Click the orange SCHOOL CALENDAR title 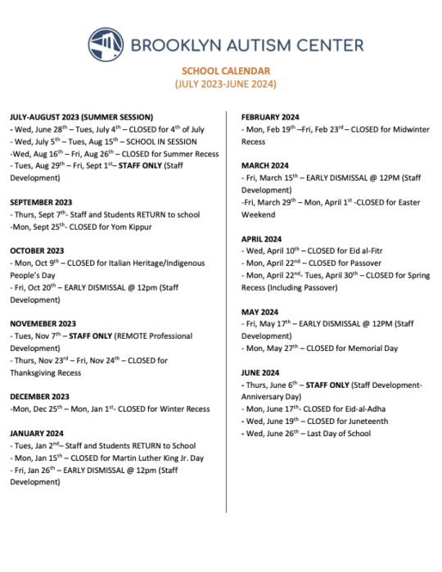225,71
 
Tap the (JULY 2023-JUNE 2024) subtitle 225,84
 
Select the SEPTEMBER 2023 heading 41,202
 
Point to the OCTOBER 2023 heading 37,250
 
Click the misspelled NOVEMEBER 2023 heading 43,323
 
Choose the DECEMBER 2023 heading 39,396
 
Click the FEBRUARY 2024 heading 273,117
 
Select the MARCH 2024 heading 264,165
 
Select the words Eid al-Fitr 371,250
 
